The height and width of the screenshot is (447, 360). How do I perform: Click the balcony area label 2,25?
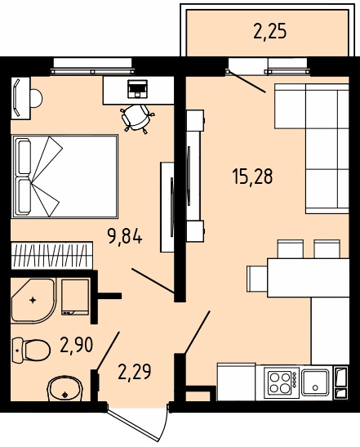point(269,31)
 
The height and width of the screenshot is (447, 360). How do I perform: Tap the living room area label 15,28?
point(252,177)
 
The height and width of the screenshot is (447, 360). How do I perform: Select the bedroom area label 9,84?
point(124,237)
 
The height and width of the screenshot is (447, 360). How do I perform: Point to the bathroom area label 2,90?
point(77,345)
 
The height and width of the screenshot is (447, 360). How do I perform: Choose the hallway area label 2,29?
point(135,372)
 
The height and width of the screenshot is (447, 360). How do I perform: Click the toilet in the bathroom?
point(31,350)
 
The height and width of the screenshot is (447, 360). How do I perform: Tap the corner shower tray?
point(33,301)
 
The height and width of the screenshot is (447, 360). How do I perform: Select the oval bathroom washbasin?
point(65,389)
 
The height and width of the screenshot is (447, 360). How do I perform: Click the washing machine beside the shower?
point(75,297)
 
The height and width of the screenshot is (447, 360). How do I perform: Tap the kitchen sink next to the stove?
point(316,382)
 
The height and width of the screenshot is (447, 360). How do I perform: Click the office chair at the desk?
point(137,118)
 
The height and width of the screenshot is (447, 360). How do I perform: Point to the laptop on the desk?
point(138,88)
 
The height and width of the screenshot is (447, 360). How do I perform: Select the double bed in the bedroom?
point(64,177)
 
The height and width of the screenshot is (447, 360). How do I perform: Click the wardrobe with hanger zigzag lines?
point(52,255)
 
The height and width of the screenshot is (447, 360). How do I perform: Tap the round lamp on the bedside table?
point(36,98)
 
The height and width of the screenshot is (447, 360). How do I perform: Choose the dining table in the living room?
point(309,278)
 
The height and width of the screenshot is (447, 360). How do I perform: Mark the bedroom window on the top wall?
point(92,66)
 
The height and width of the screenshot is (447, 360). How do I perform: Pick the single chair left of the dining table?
point(257,279)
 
